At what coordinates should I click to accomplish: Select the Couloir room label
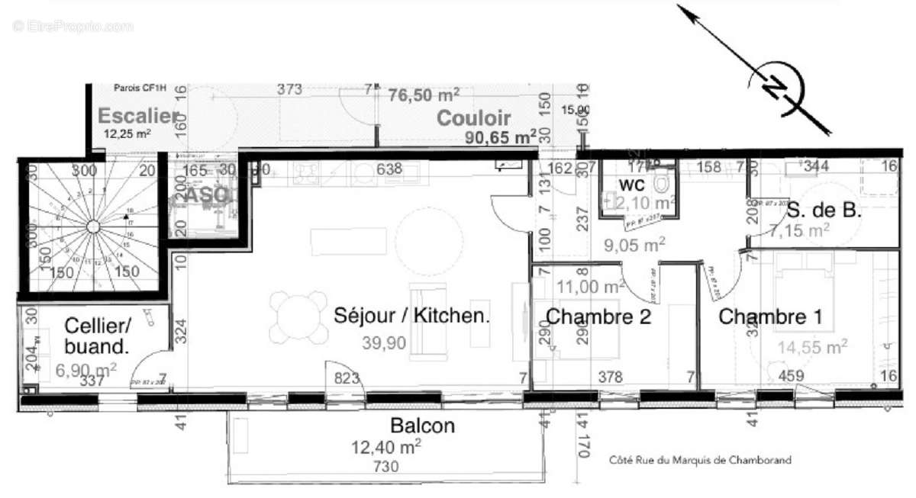click(x=473, y=118)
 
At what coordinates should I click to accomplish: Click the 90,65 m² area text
click(x=501, y=138)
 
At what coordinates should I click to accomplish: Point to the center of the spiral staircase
click(x=92, y=227)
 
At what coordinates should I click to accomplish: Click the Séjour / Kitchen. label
click(x=411, y=316)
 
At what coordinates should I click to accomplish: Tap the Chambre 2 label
click(x=598, y=316)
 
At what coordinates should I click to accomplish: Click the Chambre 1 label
click(x=770, y=316)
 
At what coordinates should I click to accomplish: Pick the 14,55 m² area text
click(x=812, y=348)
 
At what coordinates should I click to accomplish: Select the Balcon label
click(x=422, y=426)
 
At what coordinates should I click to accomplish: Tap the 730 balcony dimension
click(x=385, y=467)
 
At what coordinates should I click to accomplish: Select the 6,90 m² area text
click(x=85, y=369)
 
